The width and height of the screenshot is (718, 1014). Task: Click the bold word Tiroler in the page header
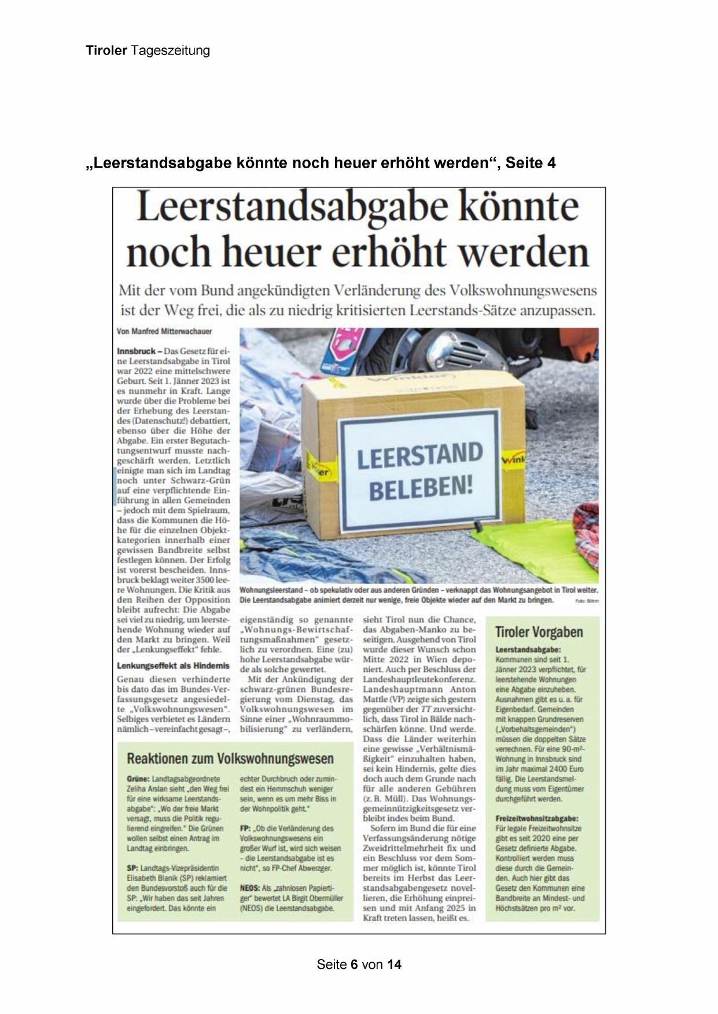click(x=106, y=51)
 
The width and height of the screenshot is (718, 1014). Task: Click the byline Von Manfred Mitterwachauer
click(x=164, y=332)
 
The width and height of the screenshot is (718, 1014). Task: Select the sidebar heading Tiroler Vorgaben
click(x=539, y=632)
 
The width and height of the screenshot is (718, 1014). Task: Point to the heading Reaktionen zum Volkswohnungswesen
click(x=230, y=758)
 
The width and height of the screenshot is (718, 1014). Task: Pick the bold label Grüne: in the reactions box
click(x=138, y=779)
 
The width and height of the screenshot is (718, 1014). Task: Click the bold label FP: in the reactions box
click(x=245, y=828)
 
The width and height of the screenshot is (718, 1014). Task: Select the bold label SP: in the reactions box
click(x=132, y=868)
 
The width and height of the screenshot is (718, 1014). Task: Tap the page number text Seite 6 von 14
click(x=359, y=964)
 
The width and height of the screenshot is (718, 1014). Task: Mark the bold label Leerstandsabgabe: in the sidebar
click(x=528, y=650)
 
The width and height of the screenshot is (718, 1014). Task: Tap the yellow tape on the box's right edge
click(x=512, y=460)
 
